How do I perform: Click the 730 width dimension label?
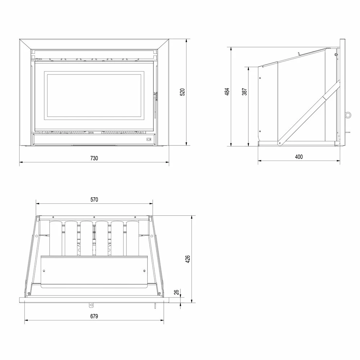(94, 158)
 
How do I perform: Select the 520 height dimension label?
(182, 92)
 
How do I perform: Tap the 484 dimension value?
(227, 91)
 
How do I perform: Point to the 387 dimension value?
(244, 91)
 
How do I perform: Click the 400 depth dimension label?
(299, 157)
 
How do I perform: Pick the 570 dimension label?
(94, 199)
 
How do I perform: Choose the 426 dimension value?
(188, 259)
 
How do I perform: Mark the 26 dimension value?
(176, 292)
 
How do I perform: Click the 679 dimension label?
(94, 316)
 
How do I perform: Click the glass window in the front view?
(94, 95)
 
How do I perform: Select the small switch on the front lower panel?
(149, 139)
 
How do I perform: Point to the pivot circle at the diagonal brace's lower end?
(279, 143)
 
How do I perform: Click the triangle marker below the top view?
(91, 305)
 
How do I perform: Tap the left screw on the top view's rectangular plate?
(44, 271)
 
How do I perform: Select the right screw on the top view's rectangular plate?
(144, 271)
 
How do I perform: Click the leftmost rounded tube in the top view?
(55, 238)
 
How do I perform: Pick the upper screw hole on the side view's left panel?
(260, 78)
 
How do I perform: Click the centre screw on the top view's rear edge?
(94, 217)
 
